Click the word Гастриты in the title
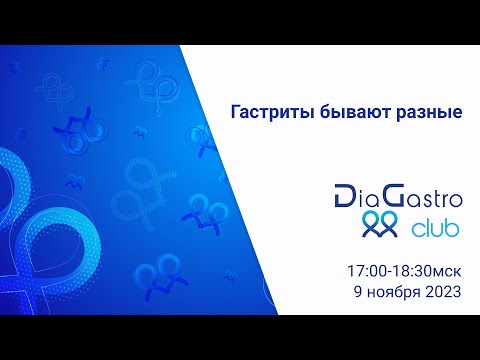265,113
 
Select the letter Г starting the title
235,113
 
